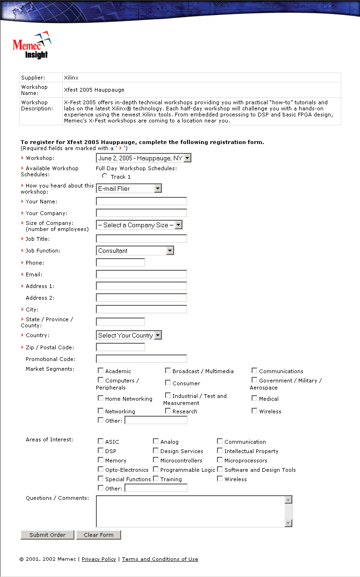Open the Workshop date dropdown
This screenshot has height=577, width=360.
click(144, 158)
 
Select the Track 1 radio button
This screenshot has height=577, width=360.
click(105, 176)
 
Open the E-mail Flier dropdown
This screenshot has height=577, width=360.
click(129, 188)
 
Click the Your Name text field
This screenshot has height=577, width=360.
click(141, 202)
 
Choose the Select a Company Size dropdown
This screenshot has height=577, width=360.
click(139, 225)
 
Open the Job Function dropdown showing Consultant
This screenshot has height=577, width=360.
click(135, 251)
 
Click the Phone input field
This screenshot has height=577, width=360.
click(120, 263)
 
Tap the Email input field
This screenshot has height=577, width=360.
click(141, 274)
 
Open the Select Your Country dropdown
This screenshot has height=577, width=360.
click(129, 335)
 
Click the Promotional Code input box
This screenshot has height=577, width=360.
click(141, 359)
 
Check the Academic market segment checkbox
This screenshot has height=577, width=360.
click(101, 370)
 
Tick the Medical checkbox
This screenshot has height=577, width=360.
click(254, 398)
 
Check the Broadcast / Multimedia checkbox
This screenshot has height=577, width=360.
click(168, 370)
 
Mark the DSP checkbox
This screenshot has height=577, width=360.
click(101, 451)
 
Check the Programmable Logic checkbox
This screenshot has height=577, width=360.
click(156, 469)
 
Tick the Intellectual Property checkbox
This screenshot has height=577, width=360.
click(220, 451)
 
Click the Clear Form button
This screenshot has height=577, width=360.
click(99, 535)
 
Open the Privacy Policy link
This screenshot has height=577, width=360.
click(99, 559)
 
